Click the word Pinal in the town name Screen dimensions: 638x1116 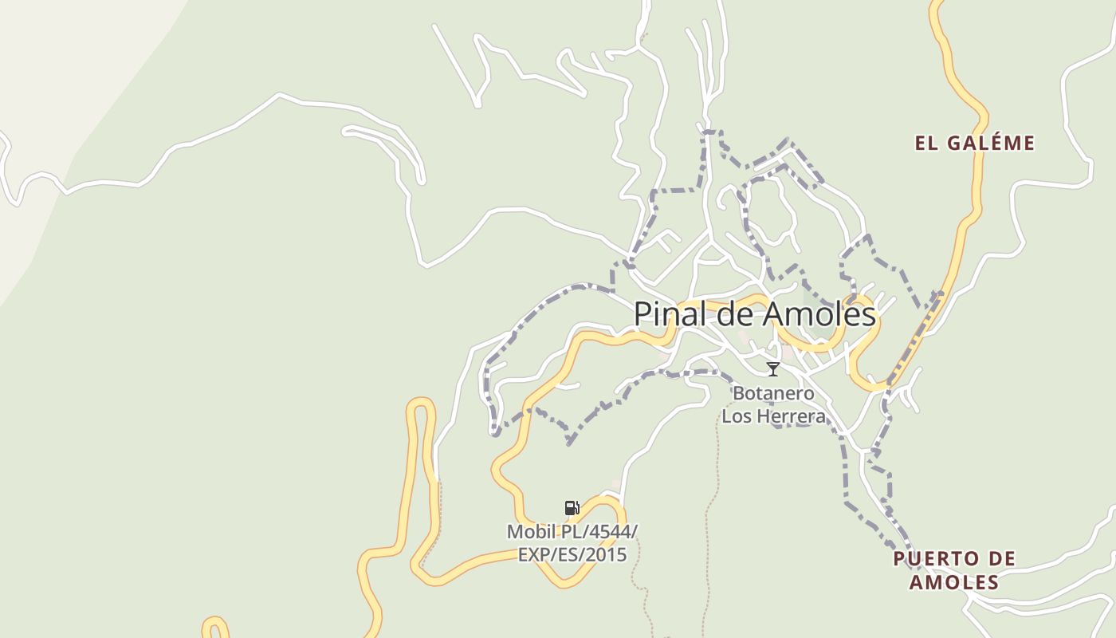coord(668,314)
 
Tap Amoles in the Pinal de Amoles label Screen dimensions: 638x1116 coord(819,314)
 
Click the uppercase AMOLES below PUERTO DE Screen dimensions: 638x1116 coord(954,582)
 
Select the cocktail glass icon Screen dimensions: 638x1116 coord(772,368)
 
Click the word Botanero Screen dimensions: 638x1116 coord(773,393)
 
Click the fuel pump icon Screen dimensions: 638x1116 coord(572,508)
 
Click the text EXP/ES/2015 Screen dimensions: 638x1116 coord(572,554)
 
